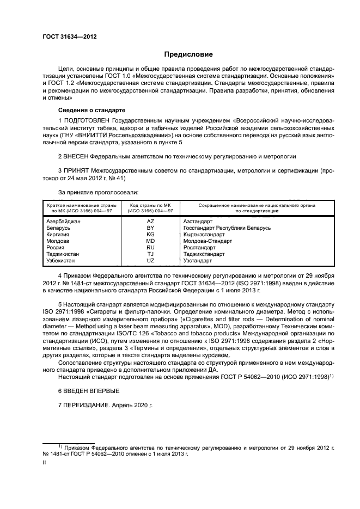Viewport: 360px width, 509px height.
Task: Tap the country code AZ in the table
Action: (x=150, y=222)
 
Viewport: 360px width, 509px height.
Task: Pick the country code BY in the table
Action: (x=150, y=228)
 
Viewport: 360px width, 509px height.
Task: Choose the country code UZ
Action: (x=150, y=261)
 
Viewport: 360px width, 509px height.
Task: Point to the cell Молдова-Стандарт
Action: (x=208, y=241)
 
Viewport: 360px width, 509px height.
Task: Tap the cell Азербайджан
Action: (x=64, y=222)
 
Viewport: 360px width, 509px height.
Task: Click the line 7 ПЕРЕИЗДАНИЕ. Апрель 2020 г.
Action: (x=106, y=406)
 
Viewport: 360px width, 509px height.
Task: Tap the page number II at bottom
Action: (x=45, y=462)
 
